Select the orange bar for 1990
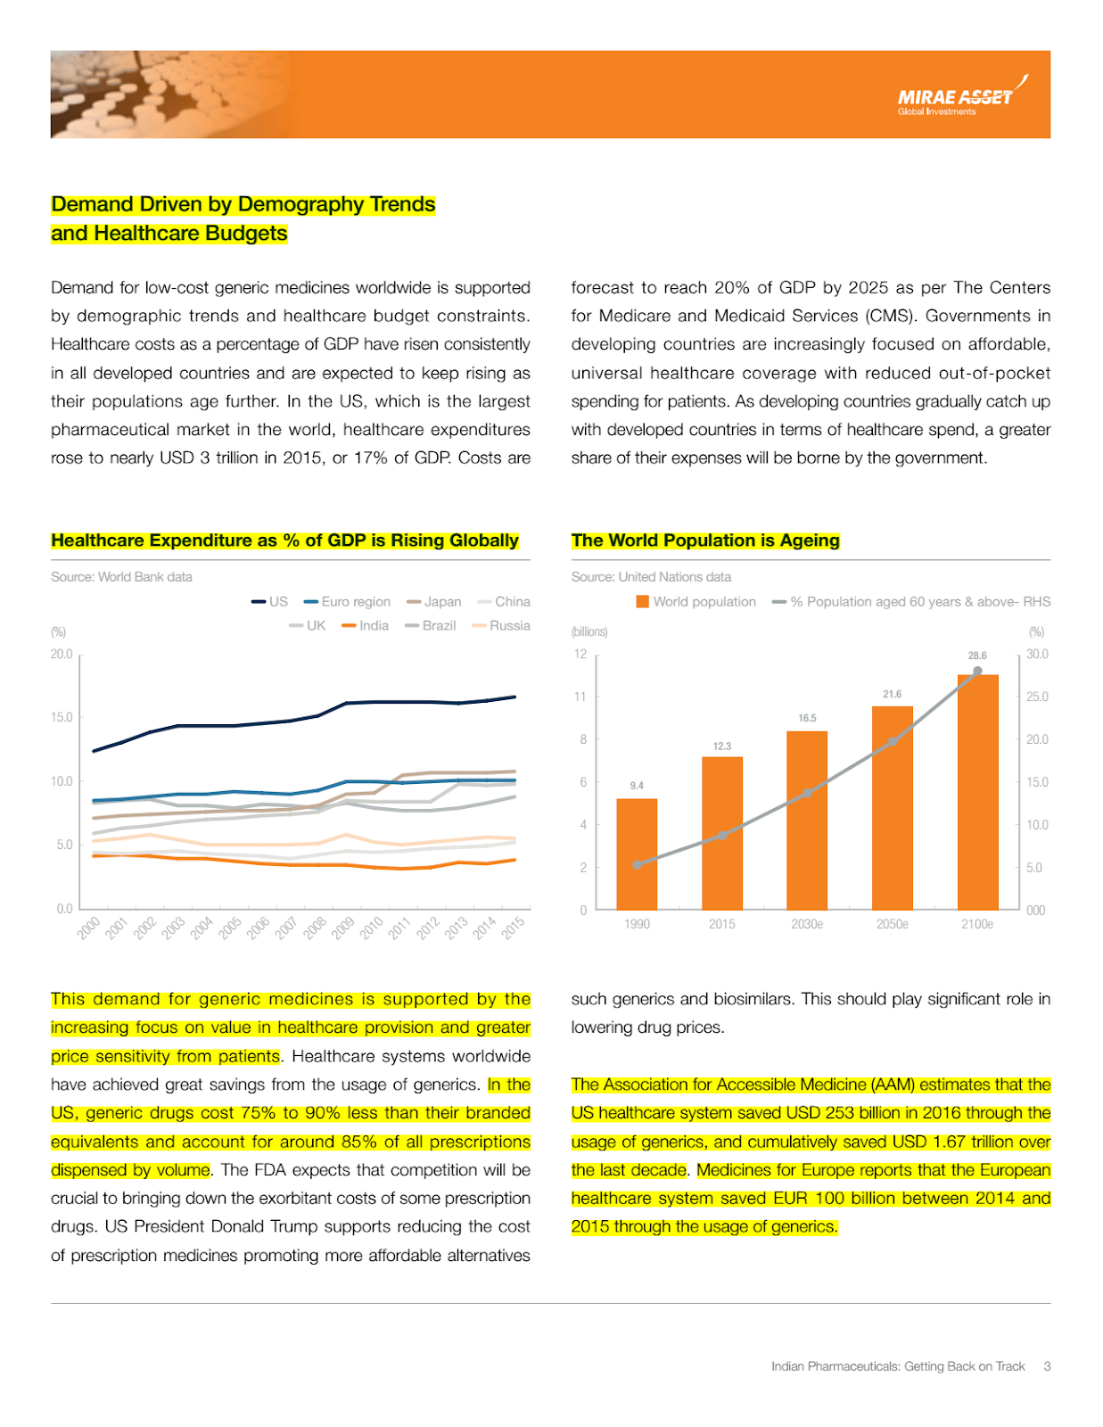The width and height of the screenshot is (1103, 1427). [637, 854]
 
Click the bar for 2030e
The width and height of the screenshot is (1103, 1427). [807, 821]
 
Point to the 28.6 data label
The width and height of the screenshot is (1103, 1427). [977, 656]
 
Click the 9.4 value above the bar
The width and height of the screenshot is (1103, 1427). [637, 786]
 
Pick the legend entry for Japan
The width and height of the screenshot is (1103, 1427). [433, 602]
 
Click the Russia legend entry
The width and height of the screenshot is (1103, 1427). [501, 626]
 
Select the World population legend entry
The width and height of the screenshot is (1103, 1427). [696, 602]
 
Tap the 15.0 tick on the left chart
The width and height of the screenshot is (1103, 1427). [62, 717]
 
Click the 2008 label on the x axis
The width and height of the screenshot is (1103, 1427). [314, 928]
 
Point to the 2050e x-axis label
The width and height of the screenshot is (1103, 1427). [892, 924]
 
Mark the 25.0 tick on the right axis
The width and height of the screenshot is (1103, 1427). [1037, 697]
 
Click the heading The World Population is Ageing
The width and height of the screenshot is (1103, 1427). [705, 540]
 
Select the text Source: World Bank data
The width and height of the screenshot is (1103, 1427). [121, 577]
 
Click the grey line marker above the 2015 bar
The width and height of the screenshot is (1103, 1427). [722, 835]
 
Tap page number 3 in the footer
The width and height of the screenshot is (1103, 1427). [1047, 1366]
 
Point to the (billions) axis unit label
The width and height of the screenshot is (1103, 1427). [589, 632]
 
